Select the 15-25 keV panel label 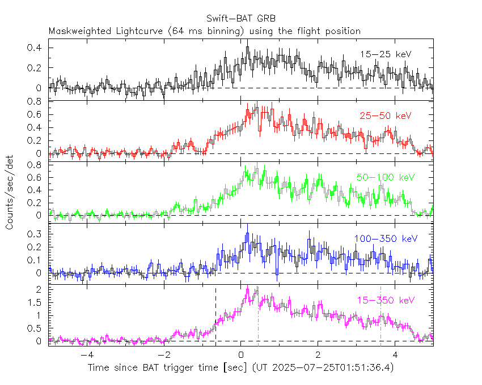pos(385,54)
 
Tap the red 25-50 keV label pos(385,115)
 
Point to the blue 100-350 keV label pos(386,238)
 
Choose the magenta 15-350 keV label pos(386,300)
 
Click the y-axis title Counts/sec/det pos(10,192)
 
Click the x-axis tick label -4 pos(86,355)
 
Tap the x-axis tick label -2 pos(163,355)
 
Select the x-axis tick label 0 pos(241,355)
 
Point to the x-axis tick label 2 pos(318,355)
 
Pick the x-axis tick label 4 pos(395,355)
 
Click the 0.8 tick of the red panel pos(37,102)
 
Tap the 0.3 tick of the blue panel pos(37,233)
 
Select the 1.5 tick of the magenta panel pos(37,302)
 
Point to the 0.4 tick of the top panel pos(37,48)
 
